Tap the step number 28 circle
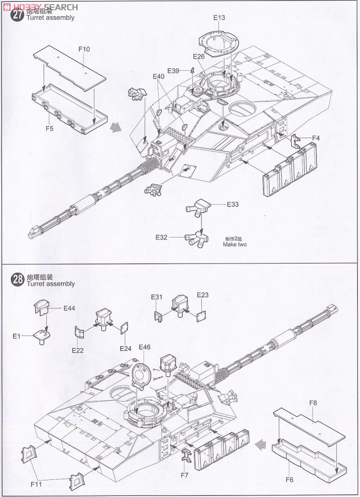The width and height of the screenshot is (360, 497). coord(18,280)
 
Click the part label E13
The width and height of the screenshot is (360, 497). coord(219,18)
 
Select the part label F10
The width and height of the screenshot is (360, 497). coord(84,49)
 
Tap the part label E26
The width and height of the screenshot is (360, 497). coord(198,56)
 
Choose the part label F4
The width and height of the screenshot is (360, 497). coord(316,138)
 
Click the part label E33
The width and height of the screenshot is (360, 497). coord(232,204)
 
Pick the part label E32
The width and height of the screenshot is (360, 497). coord(161,236)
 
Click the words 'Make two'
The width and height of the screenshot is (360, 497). coord(235,244)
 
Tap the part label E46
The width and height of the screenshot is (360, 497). coord(144,347)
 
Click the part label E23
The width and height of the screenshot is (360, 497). coord(202,295)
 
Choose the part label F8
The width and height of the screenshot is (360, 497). coord(313,403)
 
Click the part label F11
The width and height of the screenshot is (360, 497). coord(36,484)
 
